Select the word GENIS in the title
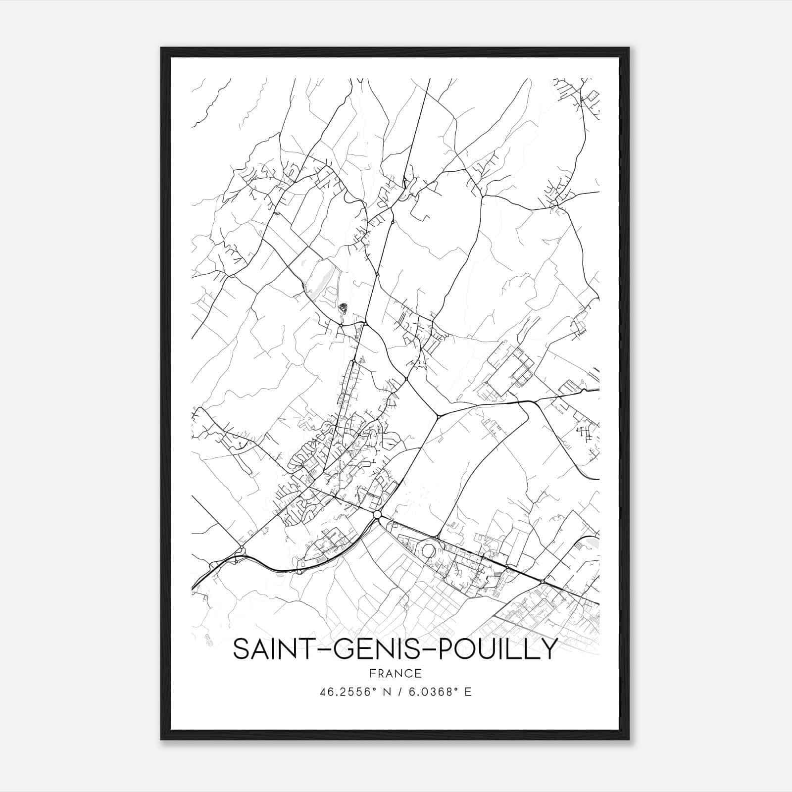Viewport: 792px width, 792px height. point(367,649)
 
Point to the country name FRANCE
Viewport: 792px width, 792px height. point(396,673)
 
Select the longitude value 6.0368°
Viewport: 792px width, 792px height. point(430,692)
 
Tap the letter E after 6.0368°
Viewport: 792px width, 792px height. point(468,692)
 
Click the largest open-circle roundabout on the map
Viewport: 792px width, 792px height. point(377,515)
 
